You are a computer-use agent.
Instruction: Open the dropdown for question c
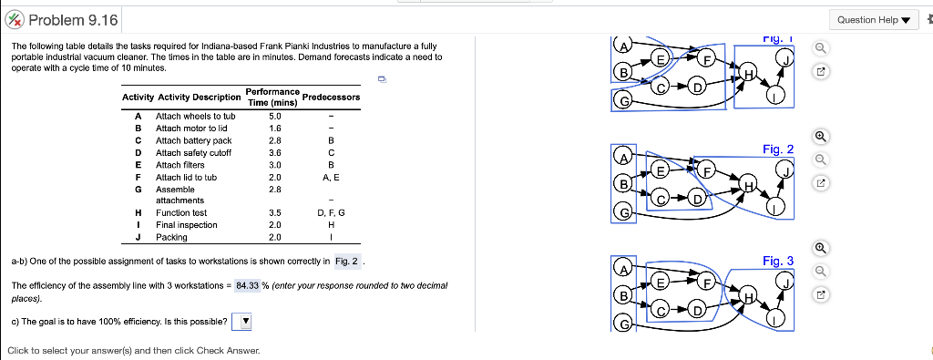[242, 321]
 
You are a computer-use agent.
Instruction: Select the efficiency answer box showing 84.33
[247, 285]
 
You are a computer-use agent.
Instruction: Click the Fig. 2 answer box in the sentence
[348, 262]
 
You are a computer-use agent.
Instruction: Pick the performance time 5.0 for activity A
[276, 117]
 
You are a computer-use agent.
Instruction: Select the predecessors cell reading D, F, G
[331, 212]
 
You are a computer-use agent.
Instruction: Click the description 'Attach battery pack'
[193, 140]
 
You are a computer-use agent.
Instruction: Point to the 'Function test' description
[181, 212]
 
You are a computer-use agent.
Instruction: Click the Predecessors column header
[331, 98]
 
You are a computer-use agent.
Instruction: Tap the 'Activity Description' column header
[200, 98]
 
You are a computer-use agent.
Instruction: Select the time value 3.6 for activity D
[276, 153]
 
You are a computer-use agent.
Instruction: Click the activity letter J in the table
[138, 237]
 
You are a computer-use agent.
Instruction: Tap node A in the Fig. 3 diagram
[622, 269]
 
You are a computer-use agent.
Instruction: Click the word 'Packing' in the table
[172, 237]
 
